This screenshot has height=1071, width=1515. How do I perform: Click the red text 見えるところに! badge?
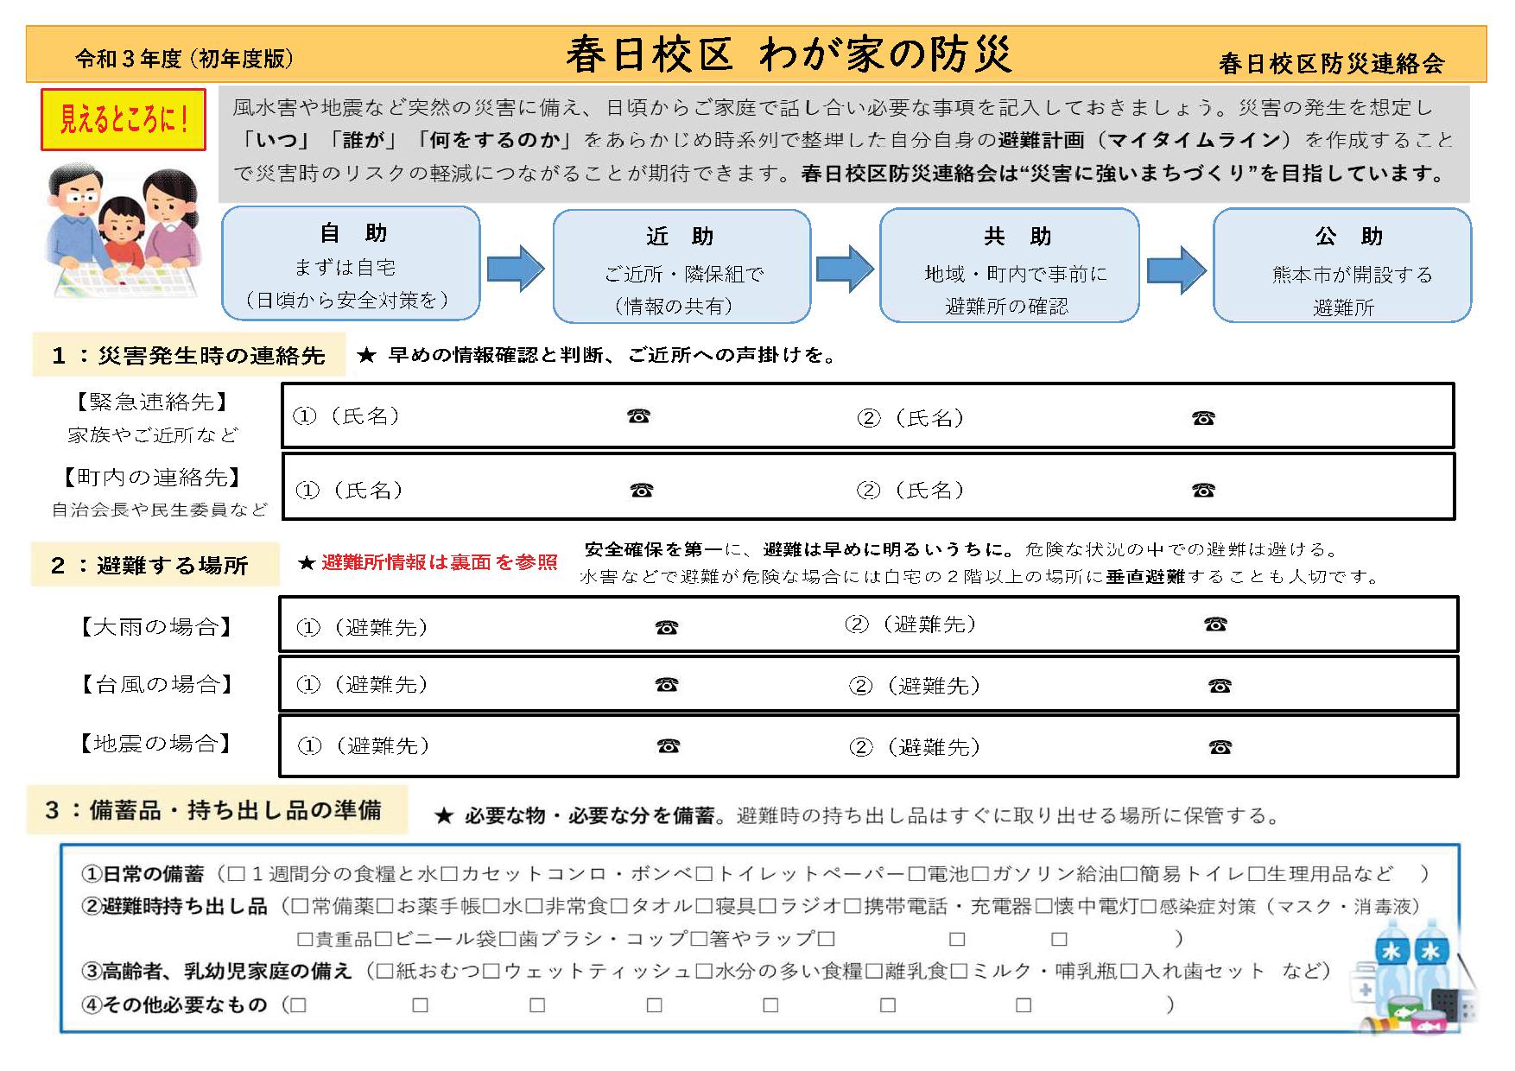[x=123, y=119]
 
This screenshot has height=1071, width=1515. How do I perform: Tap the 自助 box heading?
[x=352, y=233]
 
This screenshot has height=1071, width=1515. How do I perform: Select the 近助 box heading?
[x=680, y=237]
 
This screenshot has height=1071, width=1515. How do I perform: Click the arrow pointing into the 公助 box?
[x=1176, y=269]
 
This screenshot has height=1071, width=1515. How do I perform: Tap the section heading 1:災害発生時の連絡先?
[x=188, y=356]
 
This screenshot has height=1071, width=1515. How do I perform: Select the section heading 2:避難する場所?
[x=150, y=566]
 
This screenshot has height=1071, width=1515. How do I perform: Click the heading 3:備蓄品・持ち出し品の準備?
[x=213, y=810]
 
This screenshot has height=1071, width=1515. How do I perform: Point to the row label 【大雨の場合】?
[x=156, y=627]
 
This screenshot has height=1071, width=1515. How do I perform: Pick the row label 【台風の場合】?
[x=156, y=685]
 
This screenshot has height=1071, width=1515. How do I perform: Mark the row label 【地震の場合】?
[x=156, y=744]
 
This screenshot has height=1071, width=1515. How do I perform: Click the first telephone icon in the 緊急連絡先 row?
[x=638, y=416]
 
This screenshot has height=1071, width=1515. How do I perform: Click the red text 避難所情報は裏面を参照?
[x=439, y=563]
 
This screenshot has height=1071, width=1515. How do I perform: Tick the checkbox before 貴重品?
[x=304, y=939]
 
